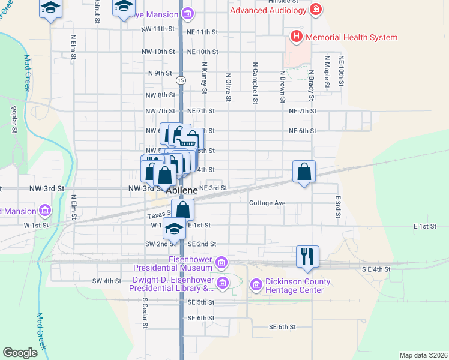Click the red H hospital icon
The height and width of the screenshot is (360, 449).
tap(296, 37)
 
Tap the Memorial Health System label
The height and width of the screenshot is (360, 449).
tap(351, 37)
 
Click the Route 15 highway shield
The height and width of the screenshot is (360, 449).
tap(180, 80)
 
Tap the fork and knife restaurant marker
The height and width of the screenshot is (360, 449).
tap(307, 256)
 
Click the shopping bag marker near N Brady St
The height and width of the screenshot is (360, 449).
tap(304, 172)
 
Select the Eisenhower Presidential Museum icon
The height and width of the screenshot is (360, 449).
tap(221, 262)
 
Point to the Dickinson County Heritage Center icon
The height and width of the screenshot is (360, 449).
tap(256, 283)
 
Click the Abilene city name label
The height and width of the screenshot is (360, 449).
tap(181, 190)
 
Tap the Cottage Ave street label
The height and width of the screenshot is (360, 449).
tap(267, 203)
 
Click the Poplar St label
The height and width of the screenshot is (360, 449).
tap(13, 119)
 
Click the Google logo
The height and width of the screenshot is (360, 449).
tap(20, 352)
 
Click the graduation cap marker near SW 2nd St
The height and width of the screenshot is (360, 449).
tap(174, 230)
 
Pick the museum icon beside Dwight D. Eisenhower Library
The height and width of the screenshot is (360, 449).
tap(223, 283)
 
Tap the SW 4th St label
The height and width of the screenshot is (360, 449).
tap(107, 281)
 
